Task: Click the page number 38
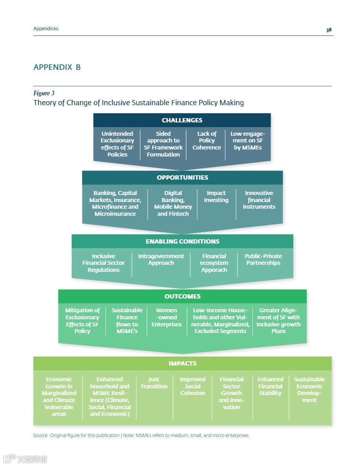[329, 30]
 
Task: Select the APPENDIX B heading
[57, 67]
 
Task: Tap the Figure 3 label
[44, 93]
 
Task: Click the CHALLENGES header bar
[182, 120]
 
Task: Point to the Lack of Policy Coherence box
[207, 141]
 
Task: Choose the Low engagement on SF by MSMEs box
[248, 141]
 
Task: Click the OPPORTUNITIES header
[182, 178]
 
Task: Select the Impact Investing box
[216, 197]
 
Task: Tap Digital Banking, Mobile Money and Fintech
[173, 203]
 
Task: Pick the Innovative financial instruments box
[259, 200]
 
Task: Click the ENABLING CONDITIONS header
[182, 241]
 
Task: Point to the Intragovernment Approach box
[161, 259]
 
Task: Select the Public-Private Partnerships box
[263, 259]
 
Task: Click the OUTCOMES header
[182, 297]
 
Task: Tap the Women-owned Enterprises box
[166, 317]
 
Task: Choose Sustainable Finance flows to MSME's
[127, 320]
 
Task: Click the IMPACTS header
[182, 364]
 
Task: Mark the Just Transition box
[154, 383]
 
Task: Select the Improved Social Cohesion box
[193, 386]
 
